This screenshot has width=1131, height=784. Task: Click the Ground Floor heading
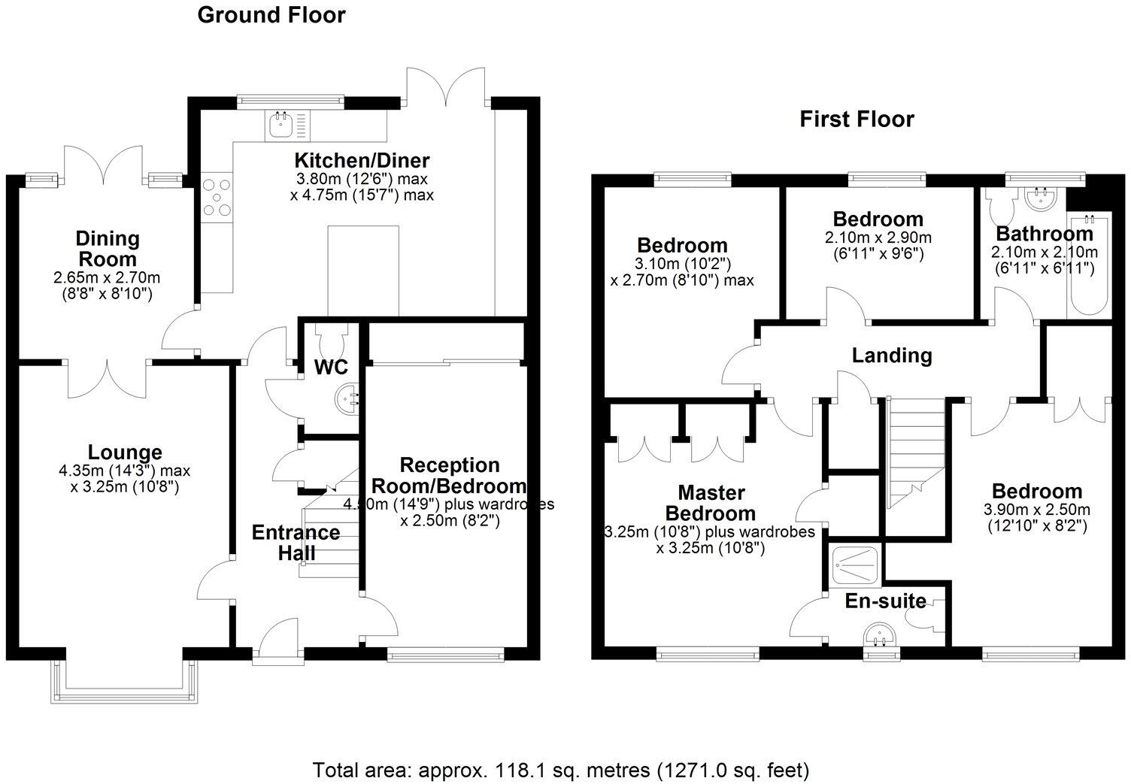tap(271, 15)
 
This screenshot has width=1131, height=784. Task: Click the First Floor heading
tap(857, 120)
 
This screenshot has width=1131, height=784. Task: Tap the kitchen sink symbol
tap(287, 126)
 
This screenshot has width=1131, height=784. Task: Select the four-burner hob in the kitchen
tap(217, 198)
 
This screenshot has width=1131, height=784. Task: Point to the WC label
tap(331, 368)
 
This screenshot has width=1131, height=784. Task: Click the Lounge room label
tap(125, 453)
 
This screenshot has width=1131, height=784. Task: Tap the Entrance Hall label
tap(296, 543)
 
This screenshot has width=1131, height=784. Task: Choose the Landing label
tap(892, 356)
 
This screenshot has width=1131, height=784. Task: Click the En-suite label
tap(885, 601)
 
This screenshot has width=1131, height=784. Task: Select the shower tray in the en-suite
tap(856, 565)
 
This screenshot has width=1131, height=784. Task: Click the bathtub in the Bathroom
tap(1089, 265)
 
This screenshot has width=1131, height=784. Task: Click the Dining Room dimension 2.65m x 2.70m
tap(107, 277)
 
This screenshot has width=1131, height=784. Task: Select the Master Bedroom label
tap(711, 503)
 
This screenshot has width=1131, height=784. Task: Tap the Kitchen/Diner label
tap(362, 161)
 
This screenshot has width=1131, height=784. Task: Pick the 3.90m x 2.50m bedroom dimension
tap(1036, 510)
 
